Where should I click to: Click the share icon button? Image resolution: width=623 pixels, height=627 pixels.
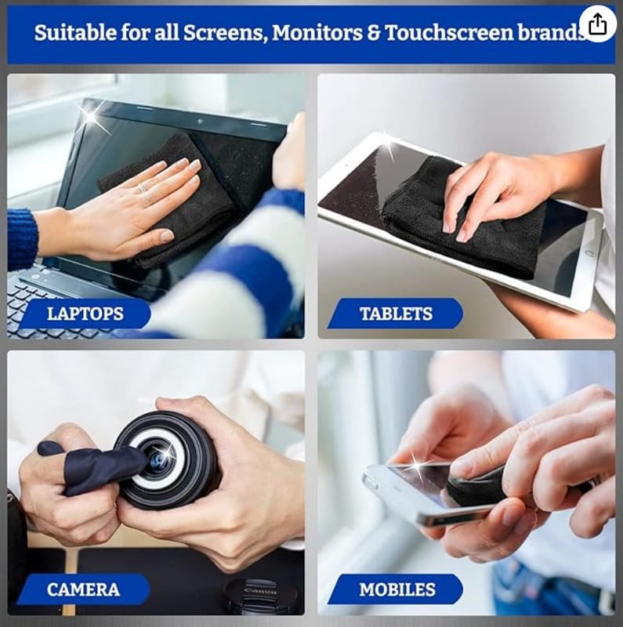(x=597, y=24)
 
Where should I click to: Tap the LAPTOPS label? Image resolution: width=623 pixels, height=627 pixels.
(x=85, y=313)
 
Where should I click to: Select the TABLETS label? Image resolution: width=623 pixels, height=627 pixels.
(x=396, y=313)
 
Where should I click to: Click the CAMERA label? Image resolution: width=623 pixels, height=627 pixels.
(x=83, y=589)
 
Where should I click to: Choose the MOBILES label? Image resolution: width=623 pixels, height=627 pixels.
(x=397, y=589)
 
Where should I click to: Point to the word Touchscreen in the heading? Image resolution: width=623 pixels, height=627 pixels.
(x=449, y=33)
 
